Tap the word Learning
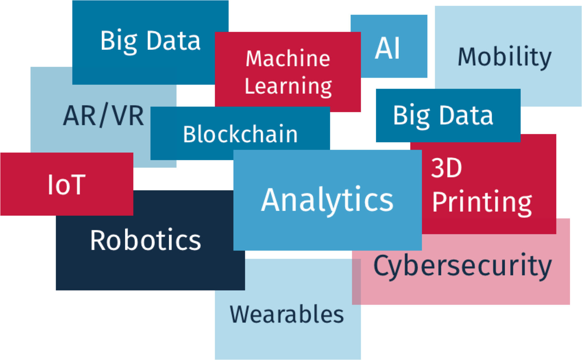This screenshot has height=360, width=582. [x=288, y=86]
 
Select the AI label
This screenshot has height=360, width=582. [x=387, y=48]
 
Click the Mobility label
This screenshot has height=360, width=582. [x=505, y=57]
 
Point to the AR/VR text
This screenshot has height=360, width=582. [x=103, y=116]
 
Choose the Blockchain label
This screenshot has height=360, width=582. [x=240, y=134]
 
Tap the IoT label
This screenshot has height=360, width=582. [x=66, y=185]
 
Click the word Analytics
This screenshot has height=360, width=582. [x=327, y=200]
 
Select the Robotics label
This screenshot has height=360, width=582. [x=145, y=240]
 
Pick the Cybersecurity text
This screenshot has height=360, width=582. [x=462, y=266]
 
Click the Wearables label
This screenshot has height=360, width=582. [x=287, y=314]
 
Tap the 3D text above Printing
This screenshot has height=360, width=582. [x=446, y=168]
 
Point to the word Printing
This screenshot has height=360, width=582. [x=482, y=202]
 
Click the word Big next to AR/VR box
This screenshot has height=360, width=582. [x=119, y=41]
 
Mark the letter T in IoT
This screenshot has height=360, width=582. [x=78, y=185]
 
